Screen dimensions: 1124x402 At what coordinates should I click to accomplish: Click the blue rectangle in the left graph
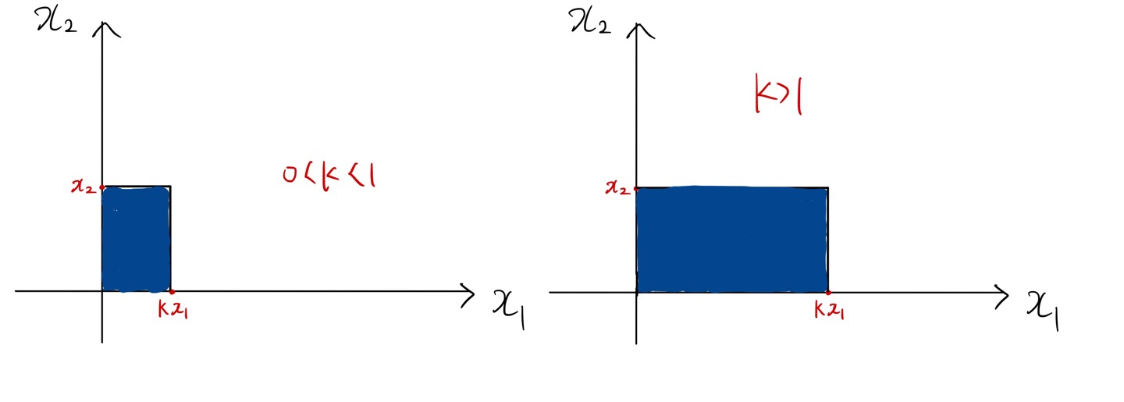tap(136, 238)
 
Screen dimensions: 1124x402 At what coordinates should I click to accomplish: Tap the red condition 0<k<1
tap(329, 176)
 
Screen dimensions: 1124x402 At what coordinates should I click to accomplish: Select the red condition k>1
tap(778, 99)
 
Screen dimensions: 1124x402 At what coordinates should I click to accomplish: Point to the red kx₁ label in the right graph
tap(829, 312)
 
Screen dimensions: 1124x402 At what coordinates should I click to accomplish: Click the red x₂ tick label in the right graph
tap(619, 188)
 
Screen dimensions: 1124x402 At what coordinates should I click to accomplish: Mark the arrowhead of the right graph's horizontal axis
tap(1004, 293)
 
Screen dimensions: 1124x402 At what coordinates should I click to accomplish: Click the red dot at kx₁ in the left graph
tap(171, 291)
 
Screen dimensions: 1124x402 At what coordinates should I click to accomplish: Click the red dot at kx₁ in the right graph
tap(827, 292)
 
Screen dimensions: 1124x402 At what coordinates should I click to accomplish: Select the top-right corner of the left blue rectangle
tap(170, 187)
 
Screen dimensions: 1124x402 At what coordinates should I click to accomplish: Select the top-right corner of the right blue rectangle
tap(827, 188)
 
